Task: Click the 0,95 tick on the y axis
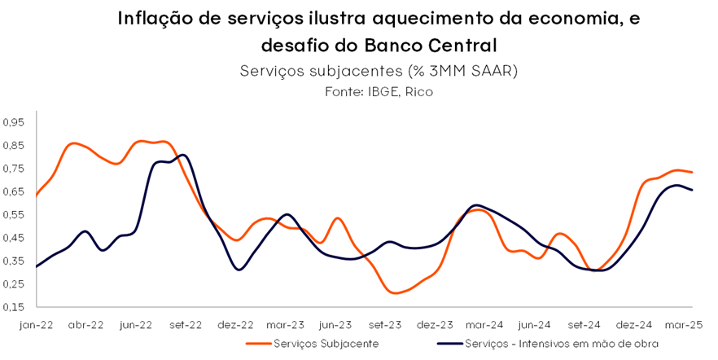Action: coord(15,122)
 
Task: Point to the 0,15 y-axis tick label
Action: coord(15,307)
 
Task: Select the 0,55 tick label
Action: coord(15,215)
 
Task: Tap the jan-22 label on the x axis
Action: coord(36,323)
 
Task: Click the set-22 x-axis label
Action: coord(186,323)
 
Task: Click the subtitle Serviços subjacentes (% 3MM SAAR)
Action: coord(379,71)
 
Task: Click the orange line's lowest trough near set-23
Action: coord(396,292)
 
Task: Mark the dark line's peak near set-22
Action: coord(182,155)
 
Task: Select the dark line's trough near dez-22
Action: coord(239,269)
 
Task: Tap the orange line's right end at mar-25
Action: coord(692,172)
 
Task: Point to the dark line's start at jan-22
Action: coord(37,266)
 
